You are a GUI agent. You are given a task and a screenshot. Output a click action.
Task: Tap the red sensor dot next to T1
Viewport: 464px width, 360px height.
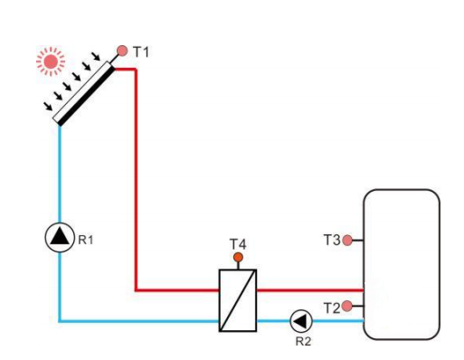click(x=123, y=52)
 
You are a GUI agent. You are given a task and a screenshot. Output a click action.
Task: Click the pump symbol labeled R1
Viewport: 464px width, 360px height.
click(x=59, y=237)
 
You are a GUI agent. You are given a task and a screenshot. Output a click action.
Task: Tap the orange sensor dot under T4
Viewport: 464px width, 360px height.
click(x=239, y=259)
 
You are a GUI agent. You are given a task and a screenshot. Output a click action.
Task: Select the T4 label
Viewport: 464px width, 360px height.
click(x=238, y=243)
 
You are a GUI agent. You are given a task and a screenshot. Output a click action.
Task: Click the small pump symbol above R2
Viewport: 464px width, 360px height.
click(x=299, y=320)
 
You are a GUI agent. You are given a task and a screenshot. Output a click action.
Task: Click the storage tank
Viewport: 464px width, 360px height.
click(x=401, y=263)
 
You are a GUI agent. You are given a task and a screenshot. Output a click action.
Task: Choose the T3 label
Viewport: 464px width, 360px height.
click(x=331, y=241)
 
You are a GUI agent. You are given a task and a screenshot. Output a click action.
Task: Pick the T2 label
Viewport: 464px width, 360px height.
click(x=331, y=308)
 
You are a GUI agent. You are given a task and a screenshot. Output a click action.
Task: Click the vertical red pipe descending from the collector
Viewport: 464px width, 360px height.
click(x=136, y=181)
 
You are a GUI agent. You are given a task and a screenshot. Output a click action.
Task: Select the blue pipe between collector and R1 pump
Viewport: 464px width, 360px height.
click(x=59, y=172)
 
